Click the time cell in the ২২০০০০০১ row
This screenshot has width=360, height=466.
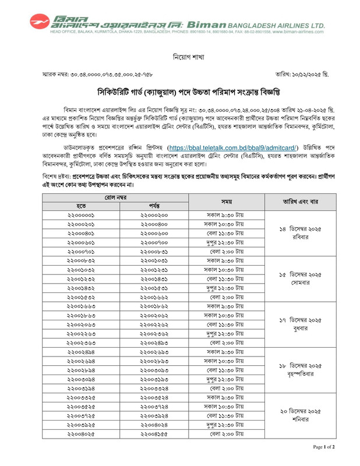(x=227, y=215)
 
